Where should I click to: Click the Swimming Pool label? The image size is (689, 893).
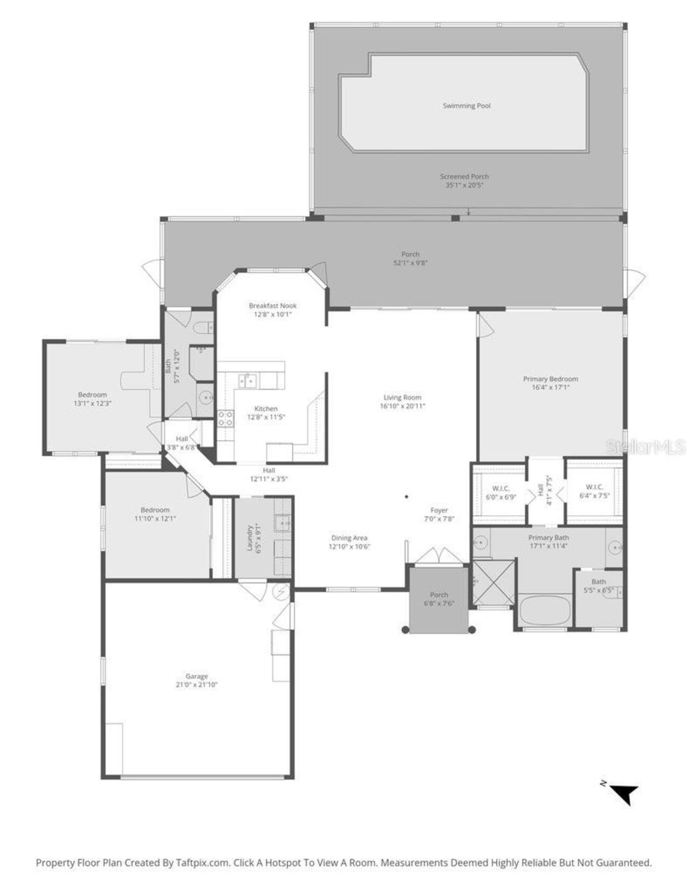(x=467, y=106)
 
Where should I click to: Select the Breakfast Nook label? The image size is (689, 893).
(x=272, y=306)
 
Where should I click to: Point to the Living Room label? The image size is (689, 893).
(x=402, y=398)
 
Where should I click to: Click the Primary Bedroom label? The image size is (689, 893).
(x=550, y=379)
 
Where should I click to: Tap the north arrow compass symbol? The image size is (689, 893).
(x=624, y=793)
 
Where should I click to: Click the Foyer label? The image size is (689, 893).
(x=439, y=510)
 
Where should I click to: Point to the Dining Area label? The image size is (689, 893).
(x=349, y=538)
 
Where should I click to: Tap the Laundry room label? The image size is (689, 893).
(x=250, y=538)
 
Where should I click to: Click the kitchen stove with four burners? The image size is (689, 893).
(x=226, y=418)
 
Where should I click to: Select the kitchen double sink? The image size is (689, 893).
(x=248, y=381)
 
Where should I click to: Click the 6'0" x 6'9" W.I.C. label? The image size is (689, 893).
(x=501, y=493)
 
